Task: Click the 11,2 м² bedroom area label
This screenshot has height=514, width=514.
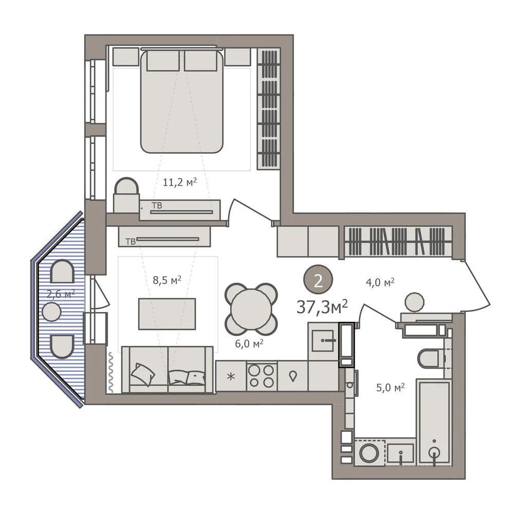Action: point(179,182)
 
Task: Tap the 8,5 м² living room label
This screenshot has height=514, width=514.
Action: point(167,280)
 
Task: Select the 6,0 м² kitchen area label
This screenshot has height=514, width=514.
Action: point(249,343)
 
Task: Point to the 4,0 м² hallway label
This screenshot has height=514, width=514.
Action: point(380,282)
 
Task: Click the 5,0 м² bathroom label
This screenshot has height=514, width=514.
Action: point(391,388)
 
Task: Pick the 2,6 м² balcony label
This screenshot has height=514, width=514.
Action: point(61,293)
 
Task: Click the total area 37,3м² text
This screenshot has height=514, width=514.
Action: point(322,307)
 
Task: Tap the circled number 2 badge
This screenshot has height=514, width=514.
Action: point(318,280)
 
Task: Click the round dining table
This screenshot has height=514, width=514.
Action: point(251,309)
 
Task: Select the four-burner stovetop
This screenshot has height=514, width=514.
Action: point(262,376)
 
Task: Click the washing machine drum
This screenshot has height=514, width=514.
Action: point(370,453)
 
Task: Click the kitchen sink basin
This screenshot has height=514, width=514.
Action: point(323,341)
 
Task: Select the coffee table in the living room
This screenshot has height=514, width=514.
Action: point(167,314)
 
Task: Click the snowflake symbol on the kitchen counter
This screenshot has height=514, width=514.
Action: point(231,377)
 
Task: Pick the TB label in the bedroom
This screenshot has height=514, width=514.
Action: point(157,206)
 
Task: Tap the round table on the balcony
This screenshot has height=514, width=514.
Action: point(51,311)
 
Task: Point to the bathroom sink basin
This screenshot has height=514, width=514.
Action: point(400,453)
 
